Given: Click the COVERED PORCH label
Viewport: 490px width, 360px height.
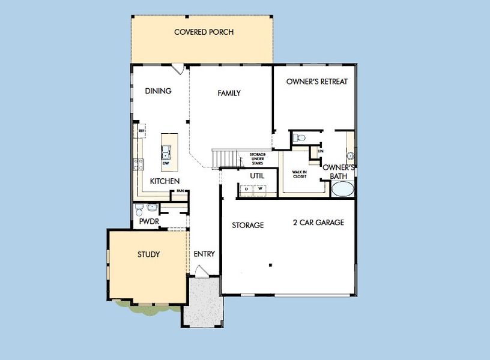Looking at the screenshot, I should tap(204, 32).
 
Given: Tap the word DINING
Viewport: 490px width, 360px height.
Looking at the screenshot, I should tap(159, 91).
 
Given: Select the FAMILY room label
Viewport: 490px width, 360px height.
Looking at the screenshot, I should tap(229, 93).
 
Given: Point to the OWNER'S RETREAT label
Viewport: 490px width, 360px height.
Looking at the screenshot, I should tap(316, 82).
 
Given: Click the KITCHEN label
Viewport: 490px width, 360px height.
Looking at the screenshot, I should tap(165, 181).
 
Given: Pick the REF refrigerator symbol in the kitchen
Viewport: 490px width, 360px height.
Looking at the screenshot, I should tap(142, 130).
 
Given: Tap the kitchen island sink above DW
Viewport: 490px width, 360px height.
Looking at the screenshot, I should tap(166, 154).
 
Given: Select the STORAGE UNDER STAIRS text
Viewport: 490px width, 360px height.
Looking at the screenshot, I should tap(257, 158).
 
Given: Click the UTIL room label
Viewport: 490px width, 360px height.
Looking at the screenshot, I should tap(257, 175).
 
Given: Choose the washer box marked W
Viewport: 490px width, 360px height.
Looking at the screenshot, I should tap(261, 190).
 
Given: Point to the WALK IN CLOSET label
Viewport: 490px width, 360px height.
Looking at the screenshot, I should tap(300, 174).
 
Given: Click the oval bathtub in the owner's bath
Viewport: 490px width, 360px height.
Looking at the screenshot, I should tap(343, 190).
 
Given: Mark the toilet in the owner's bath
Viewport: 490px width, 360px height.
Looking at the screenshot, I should tap(298, 137).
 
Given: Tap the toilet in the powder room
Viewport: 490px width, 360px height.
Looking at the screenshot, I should tap(139, 209).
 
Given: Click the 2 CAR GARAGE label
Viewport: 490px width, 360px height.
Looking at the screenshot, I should tap(318, 223).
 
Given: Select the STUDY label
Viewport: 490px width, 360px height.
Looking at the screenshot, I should tap(148, 254).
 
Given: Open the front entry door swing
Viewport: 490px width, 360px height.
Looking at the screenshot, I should tap(204, 272).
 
